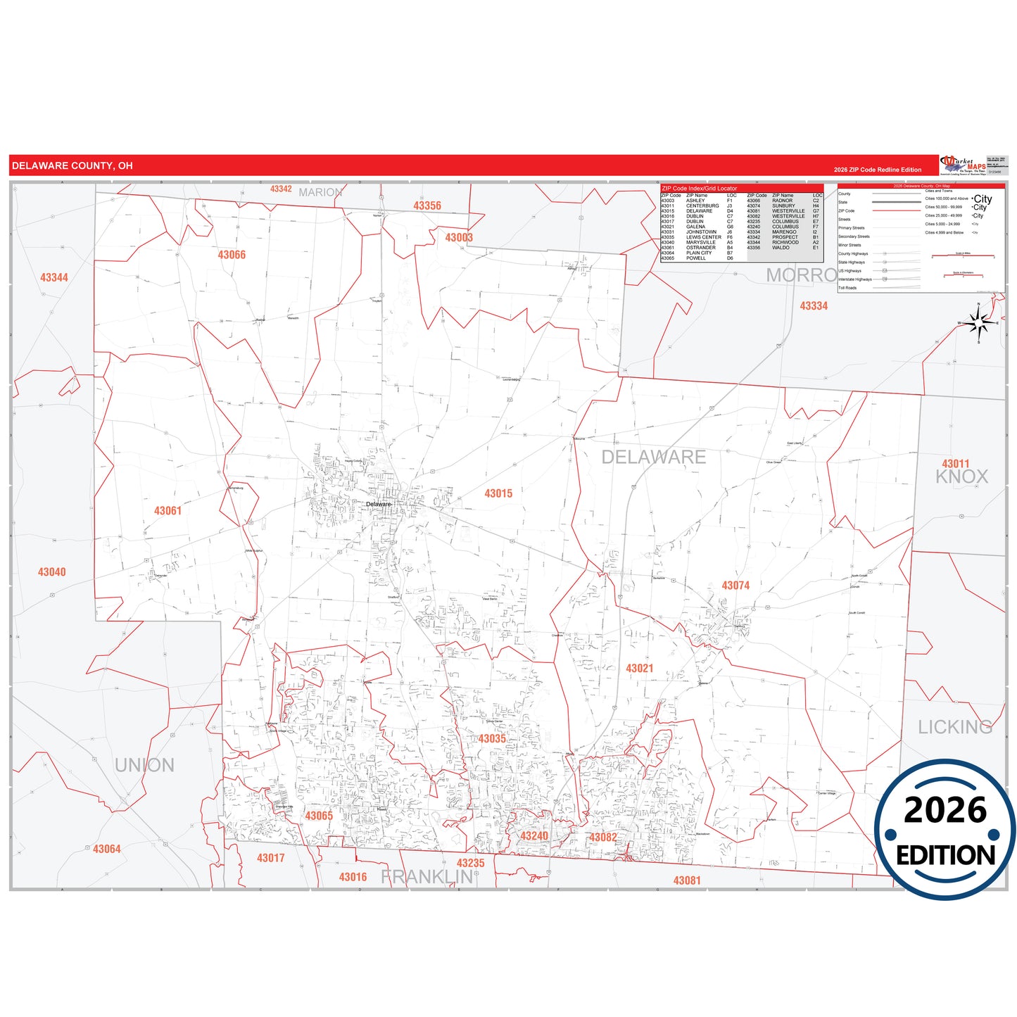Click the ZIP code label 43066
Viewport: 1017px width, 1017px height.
click(x=232, y=255)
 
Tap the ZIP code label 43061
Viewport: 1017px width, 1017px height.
click(x=168, y=511)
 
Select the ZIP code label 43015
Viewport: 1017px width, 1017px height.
click(x=498, y=493)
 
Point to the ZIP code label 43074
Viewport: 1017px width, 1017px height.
click(x=735, y=586)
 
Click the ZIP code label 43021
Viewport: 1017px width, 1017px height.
click(x=640, y=669)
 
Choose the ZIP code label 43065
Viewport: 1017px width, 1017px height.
click(x=319, y=816)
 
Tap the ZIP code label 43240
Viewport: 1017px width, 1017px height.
click(x=534, y=836)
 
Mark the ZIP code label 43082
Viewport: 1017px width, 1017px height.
click(x=603, y=838)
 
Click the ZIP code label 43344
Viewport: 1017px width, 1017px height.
click(x=54, y=277)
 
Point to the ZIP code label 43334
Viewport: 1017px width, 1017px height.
click(x=814, y=306)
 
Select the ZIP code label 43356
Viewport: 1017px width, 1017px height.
click(x=427, y=206)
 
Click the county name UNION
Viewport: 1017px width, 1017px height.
click(x=144, y=765)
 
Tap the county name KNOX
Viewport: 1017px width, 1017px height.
click(x=961, y=477)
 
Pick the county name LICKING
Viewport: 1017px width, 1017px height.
click(x=954, y=727)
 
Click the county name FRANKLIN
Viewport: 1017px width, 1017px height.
click(x=427, y=877)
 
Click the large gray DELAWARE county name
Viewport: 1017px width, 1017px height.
click(x=653, y=457)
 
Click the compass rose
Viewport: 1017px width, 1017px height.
click(x=978, y=323)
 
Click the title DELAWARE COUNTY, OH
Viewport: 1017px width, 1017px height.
click(x=72, y=166)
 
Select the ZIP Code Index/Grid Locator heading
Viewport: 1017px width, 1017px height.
click(x=700, y=189)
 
